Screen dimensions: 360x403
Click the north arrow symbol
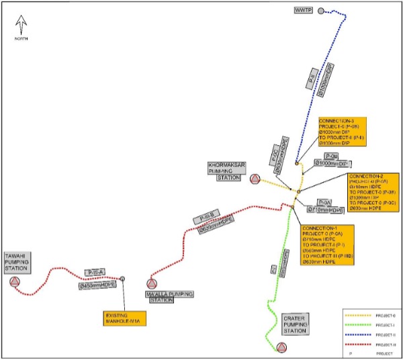21,26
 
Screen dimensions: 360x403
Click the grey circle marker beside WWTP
320,11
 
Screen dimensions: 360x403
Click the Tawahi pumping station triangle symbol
15,281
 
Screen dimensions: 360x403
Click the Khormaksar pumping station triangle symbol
255,179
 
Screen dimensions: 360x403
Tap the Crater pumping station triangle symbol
281,347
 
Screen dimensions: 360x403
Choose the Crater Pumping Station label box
295,325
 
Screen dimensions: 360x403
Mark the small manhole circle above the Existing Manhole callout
122,279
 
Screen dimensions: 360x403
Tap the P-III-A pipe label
94,271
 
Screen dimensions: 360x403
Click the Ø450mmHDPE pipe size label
97,284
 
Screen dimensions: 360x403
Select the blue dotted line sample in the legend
355,334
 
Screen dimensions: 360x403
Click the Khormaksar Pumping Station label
224,171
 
